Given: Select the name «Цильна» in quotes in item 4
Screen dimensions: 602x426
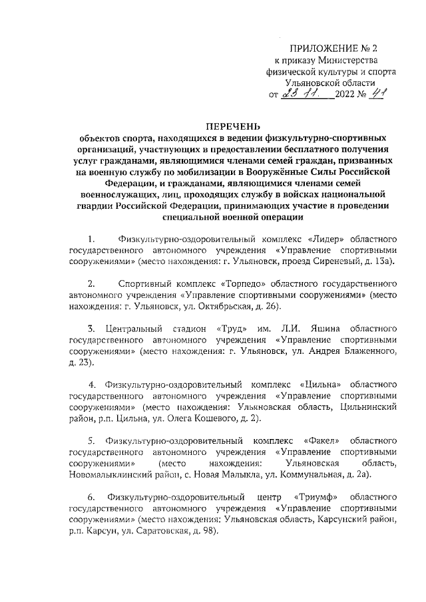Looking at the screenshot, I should click(323, 385).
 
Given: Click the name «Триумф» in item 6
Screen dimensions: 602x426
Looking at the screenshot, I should click(313, 497).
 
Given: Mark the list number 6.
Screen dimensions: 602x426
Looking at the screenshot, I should click(91, 497).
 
